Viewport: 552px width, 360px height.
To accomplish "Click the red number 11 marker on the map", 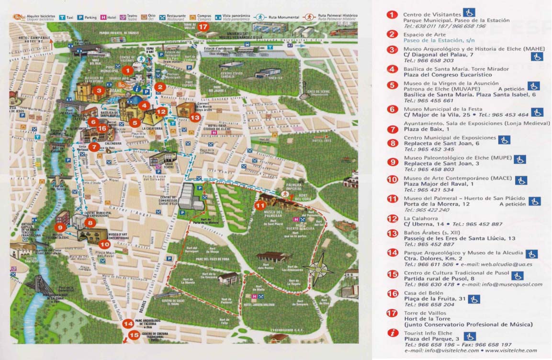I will click(259, 206).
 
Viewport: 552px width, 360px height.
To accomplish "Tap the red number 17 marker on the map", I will click(203, 27).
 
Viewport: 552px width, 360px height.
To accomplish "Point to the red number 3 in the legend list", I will click(393, 50).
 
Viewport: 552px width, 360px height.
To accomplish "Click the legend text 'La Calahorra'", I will click(421, 218).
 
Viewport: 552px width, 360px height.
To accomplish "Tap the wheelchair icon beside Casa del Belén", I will click(474, 299).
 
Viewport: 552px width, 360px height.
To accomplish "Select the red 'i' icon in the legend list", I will click(393, 333).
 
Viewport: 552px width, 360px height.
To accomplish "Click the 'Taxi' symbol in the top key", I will click(63, 17).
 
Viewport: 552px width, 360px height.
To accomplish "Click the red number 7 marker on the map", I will click(94, 147).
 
